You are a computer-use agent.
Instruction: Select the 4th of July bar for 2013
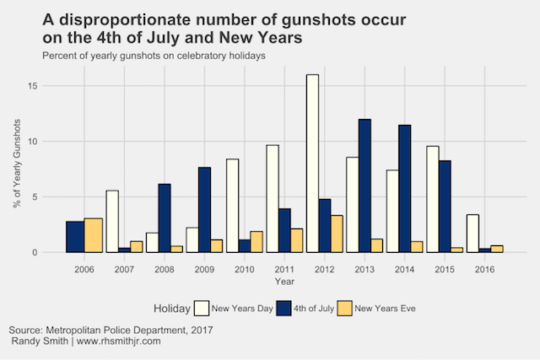[365, 185]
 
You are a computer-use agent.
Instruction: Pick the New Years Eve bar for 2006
[94, 235]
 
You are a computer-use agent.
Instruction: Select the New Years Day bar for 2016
[472, 234]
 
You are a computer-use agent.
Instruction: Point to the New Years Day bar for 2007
[111, 221]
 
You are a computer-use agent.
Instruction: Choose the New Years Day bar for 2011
[273, 198]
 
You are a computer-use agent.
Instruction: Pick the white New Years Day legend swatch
[202, 309]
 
